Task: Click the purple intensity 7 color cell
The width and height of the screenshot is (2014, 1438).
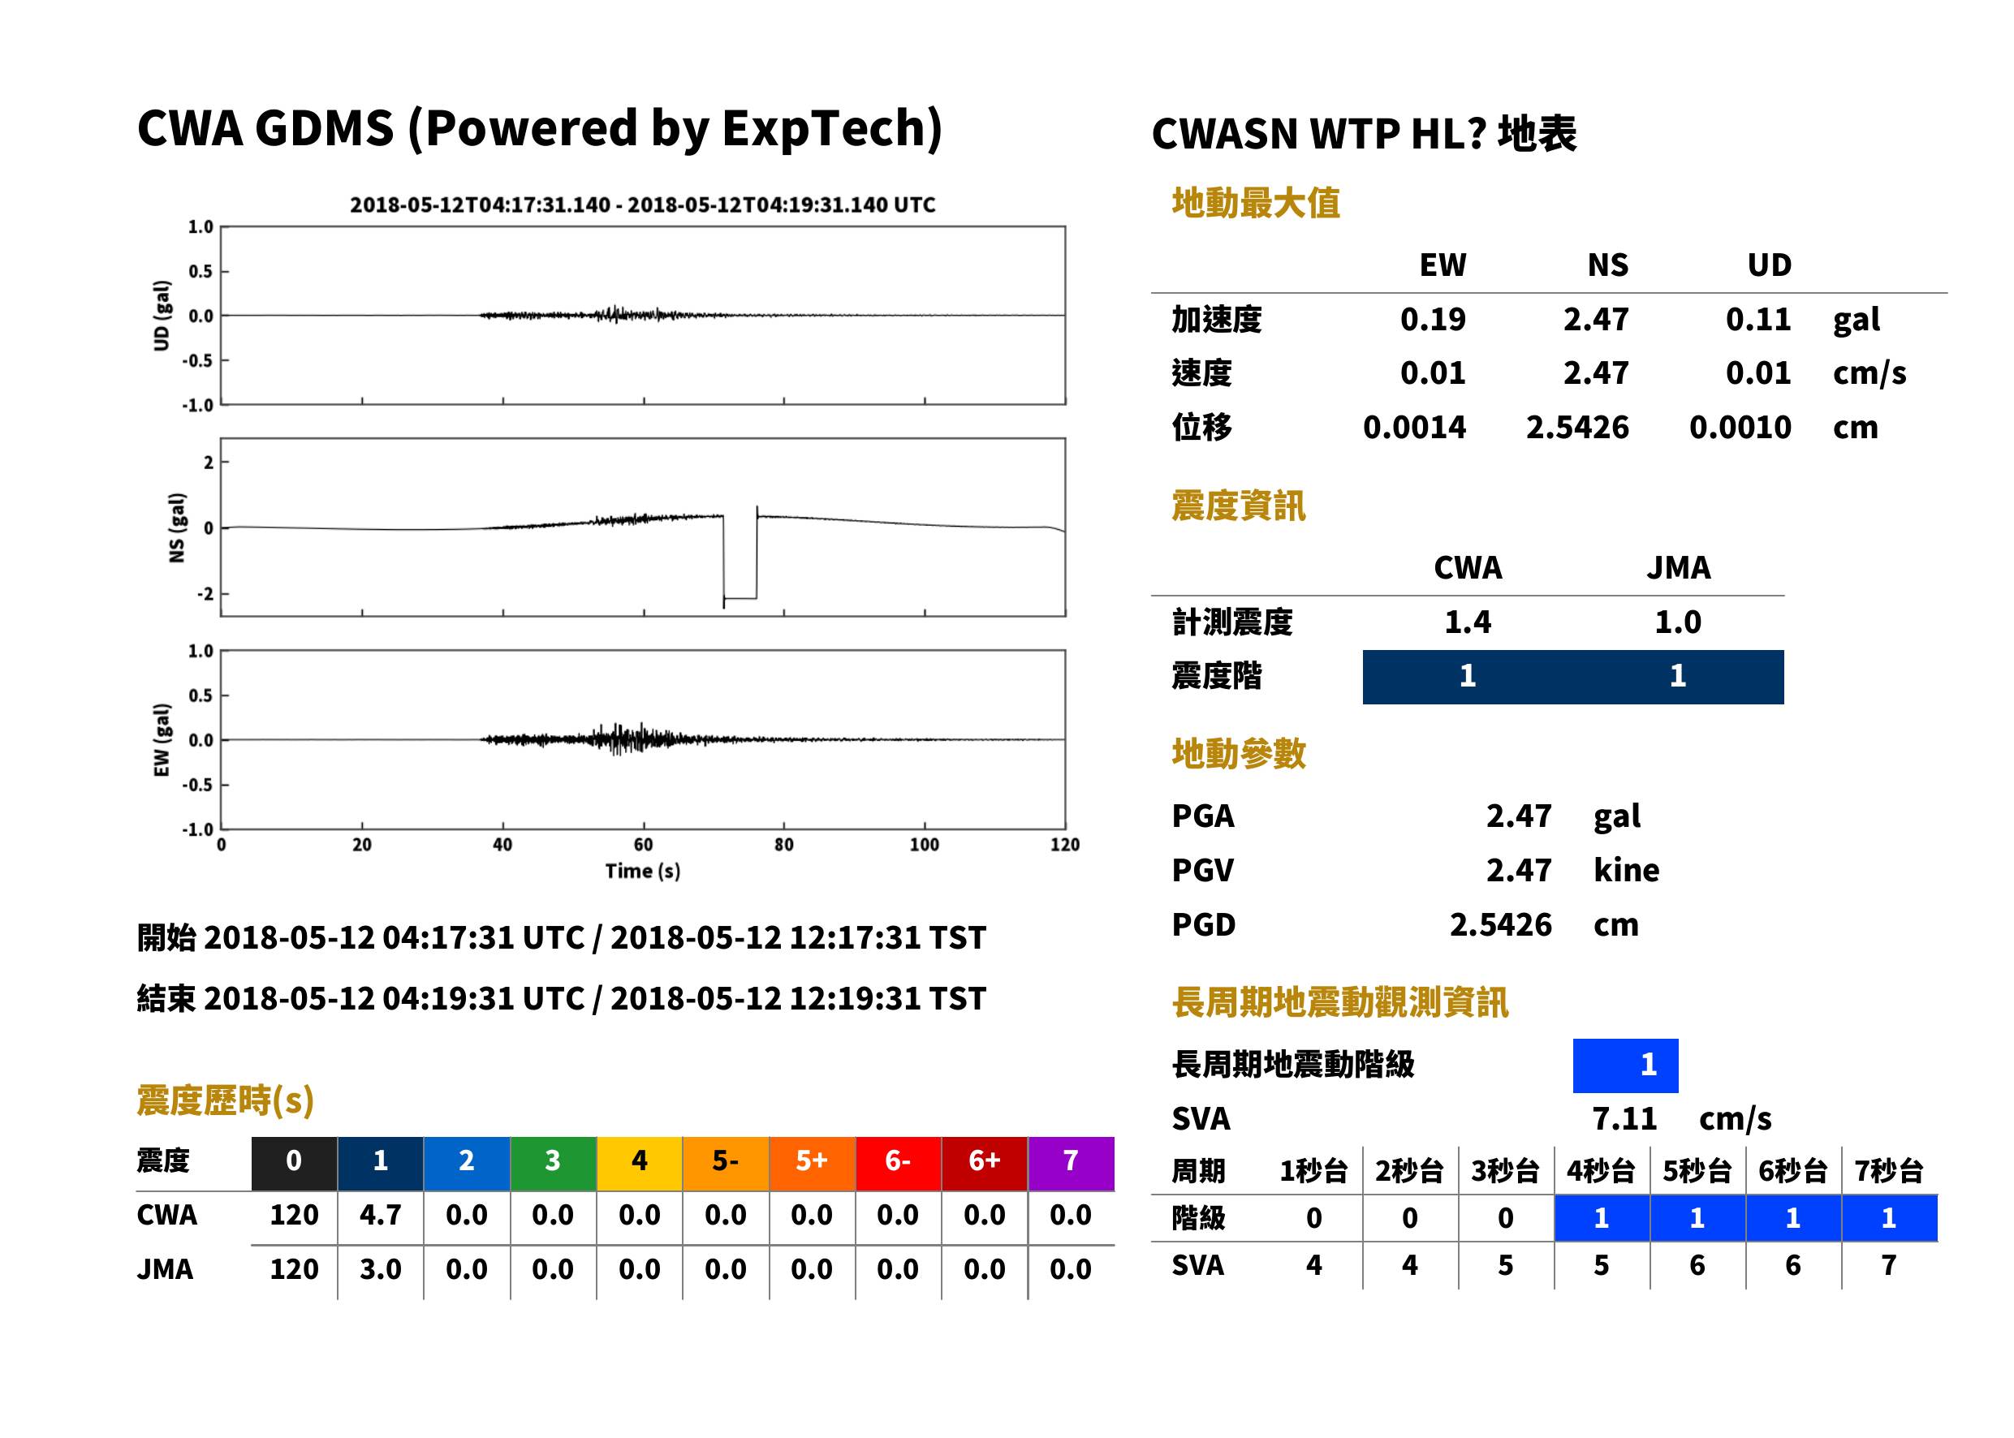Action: [1071, 1163]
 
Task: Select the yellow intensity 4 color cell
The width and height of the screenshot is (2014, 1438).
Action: [640, 1163]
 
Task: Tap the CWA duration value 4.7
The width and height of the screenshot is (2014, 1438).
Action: [380, 1215]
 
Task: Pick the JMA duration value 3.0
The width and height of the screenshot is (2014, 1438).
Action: [380, 1269]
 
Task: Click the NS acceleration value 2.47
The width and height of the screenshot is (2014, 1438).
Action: [1595, 319]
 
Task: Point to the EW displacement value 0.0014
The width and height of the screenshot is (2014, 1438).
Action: [1413, 427]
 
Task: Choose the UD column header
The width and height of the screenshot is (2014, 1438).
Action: [1769, 265]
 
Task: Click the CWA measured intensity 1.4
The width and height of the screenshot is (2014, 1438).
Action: [1468, 622]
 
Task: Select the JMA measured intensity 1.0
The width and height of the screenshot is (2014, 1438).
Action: [1677, 622]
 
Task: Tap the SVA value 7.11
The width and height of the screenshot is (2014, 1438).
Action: [1624, 1118]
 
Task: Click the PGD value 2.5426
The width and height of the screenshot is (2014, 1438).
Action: [1500, 924]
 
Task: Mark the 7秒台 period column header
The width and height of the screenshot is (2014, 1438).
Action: [1888, 1170]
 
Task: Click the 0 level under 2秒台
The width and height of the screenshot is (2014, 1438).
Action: [1409, 1218]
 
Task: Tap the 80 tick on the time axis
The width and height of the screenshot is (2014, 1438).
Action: [784, 845]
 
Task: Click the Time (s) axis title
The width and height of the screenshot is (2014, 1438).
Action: [643, 872]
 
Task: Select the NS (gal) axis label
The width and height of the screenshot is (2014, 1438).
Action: [177, 527]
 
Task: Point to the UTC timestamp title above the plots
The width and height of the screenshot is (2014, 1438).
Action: [642, 205]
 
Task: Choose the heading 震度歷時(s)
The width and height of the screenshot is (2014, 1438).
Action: [225, 1100]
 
